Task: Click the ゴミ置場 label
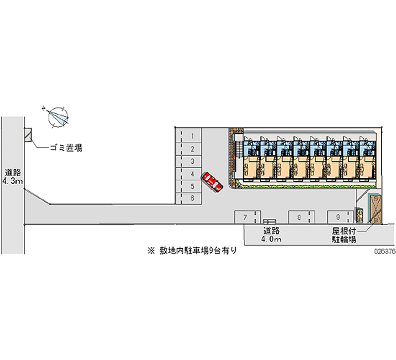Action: click(x=65, y=147)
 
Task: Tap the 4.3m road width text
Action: click(x=12, y=182)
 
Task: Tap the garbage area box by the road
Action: click(x=28, y=134)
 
